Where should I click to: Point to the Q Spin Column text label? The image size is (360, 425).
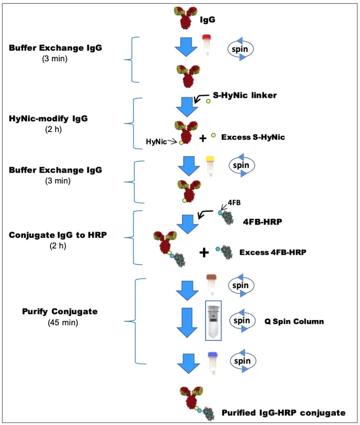click(294, 321)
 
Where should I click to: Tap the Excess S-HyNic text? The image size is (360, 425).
click(253, 137)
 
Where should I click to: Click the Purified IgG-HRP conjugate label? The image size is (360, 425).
click(283, 413)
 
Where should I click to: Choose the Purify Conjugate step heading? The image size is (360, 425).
click(54, 311)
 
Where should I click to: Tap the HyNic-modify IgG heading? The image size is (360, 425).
click(48, 119)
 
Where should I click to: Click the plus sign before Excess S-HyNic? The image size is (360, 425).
click(203, 138)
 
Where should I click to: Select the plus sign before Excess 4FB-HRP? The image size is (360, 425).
click(204, 252)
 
